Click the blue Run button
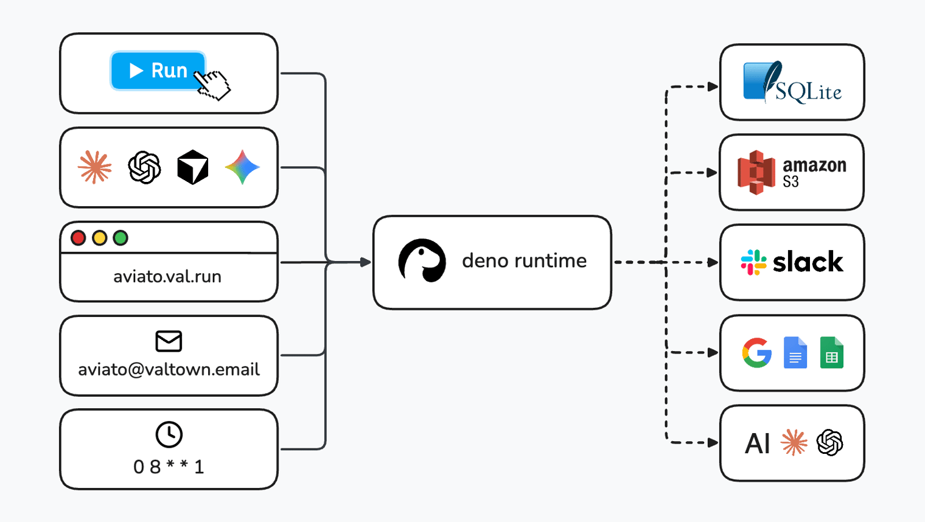[x=158, y=70]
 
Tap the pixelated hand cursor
[x=212, y=85]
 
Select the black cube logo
[x=193, y=167]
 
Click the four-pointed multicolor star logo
[x=242, y=167]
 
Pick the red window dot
[x=78, y=238]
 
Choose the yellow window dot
[x=100, y=238]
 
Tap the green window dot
[x=120, y=238]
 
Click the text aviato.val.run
[x=167, y=276]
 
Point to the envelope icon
[x=169, y=341]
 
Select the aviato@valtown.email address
[x=169, y=369]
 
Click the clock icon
[x=169, y=434]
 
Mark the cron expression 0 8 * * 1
[x=169, y=467]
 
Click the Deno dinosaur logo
[x=422, y=260]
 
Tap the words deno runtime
[x=525, y=261]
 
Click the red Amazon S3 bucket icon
[x=756, y=173]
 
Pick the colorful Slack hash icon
[x=753, y=262]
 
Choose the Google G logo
[x=757, y=353]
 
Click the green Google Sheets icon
[x=832, y=352]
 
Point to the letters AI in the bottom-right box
[x=757, y=444]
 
